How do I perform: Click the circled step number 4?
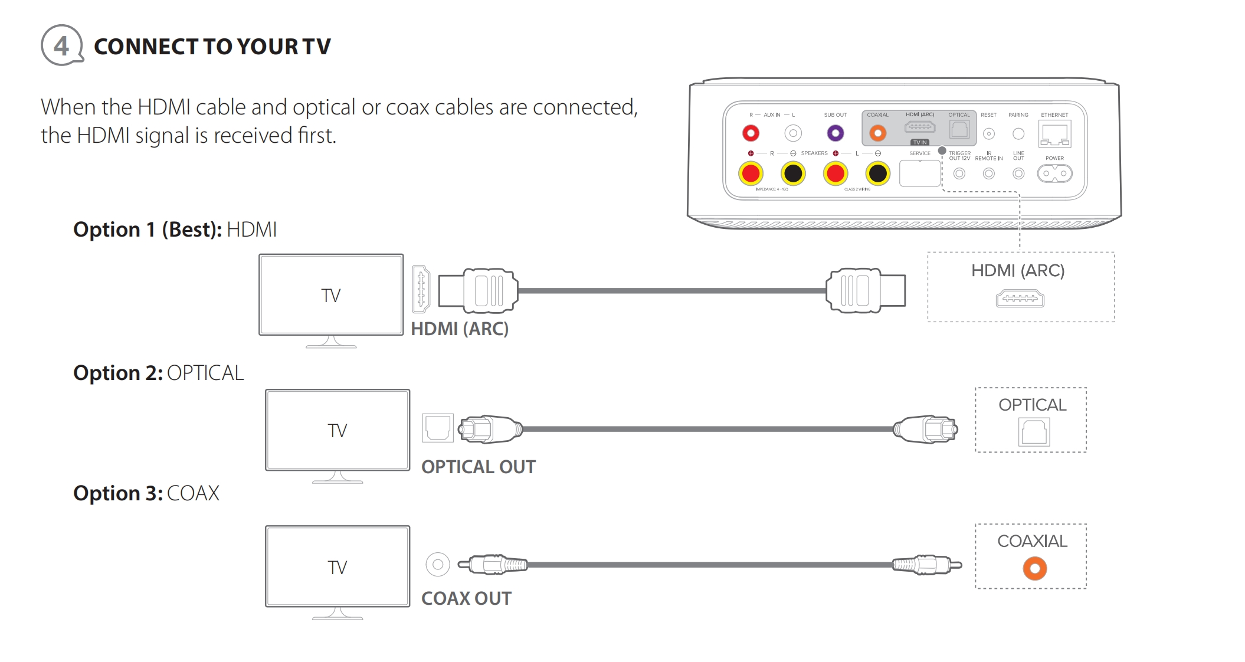click(61, 45)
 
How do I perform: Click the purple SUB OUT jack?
click(835, 133)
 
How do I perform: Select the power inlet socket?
click(1054, 173)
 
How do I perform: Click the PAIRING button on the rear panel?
click(1018, 134)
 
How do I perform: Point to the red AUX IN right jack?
click(751, 133)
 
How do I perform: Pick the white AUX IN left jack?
click(793, 133)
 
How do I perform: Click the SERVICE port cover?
click(919, 173)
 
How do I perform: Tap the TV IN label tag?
click(919, 142)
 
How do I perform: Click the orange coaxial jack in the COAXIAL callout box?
click(1034, 569)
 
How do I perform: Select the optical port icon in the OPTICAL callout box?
click(1034, 432)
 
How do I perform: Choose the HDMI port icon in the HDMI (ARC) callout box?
click(1020, 299)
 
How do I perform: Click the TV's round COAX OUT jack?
click(437, 565)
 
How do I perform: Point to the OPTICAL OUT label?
click(478, 467)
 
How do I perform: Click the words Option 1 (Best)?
click(147, 229)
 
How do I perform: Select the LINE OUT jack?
click(1018, 173)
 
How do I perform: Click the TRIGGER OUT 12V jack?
click(959, 173)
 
